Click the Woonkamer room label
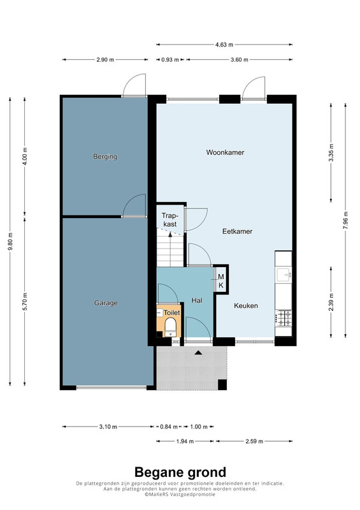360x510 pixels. click(x=225, y=152)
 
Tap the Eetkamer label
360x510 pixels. click(x=238, y=231)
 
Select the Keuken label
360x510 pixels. click(x=246, y=306)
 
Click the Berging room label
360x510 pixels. click(x=105, y=157)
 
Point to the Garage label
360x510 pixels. click(x=106, y=303)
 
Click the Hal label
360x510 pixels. click(x=197, y=300)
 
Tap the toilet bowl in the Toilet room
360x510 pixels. click(x=170, y=326)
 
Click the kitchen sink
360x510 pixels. click(x=284, y=275)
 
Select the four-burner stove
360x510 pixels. click(x=284, y=318)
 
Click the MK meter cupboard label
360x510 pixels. click(x=221, y=281)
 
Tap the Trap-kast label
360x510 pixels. click(x=169, y=220)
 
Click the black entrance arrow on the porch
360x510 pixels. click(x=198, y=353)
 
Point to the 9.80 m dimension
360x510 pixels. click(x=10, y=242)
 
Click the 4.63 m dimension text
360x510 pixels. click(x=224, y=45)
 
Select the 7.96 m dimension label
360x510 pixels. click(x=345, y=221)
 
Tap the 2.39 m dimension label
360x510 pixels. click(x=331, y=302)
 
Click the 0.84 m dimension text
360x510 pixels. click(x=169, y=426)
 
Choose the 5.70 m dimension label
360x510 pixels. click(x=25, y=302)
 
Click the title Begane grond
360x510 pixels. click(x=180, y=472)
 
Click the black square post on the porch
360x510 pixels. click(x=222, y=384)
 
